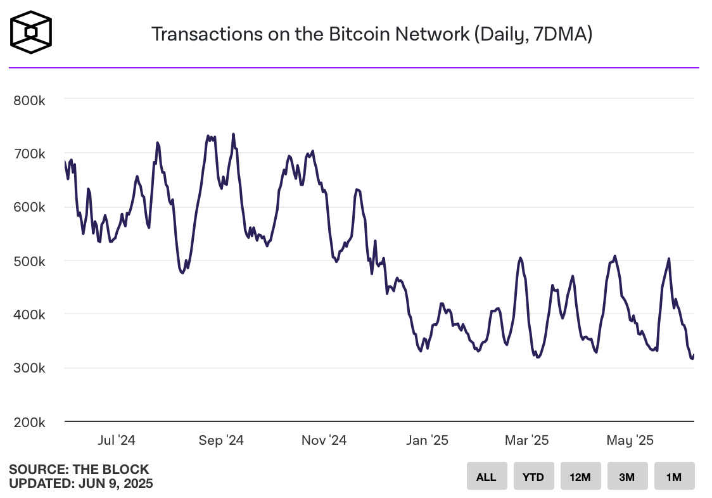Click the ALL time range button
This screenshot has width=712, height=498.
pyautogui.click(x=486, y=476)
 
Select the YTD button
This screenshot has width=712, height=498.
pyautogui.click(x=533, y=476)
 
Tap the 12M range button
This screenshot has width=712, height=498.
pyautogui.click(x=580, y=476)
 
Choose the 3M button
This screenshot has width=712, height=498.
pyautogui.click(x=627, y=476)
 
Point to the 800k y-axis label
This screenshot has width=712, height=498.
pyautogui.click(x=29, y=100)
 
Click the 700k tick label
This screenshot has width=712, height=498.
pyautogui.click(x=29, y=153)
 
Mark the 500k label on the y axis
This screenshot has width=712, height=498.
pyautogui.click(x=29, y=260)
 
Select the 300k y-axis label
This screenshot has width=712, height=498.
pyautogui.click(x=29, y=367)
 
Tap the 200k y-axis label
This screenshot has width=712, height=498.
pyautogui.click(x=29, y=421)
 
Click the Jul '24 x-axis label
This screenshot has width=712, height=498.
pyautogui.click(x=118, y=440)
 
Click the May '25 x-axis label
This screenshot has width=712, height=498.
pyautogui.click(x=629, y=440)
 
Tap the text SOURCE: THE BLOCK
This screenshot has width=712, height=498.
pyautogui.click(x=79, y=469)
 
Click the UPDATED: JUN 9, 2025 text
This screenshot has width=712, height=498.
pyautogui.click(x=81, y=483)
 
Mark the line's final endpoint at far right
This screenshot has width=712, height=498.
pyautogui.click(x=694, y=355)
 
